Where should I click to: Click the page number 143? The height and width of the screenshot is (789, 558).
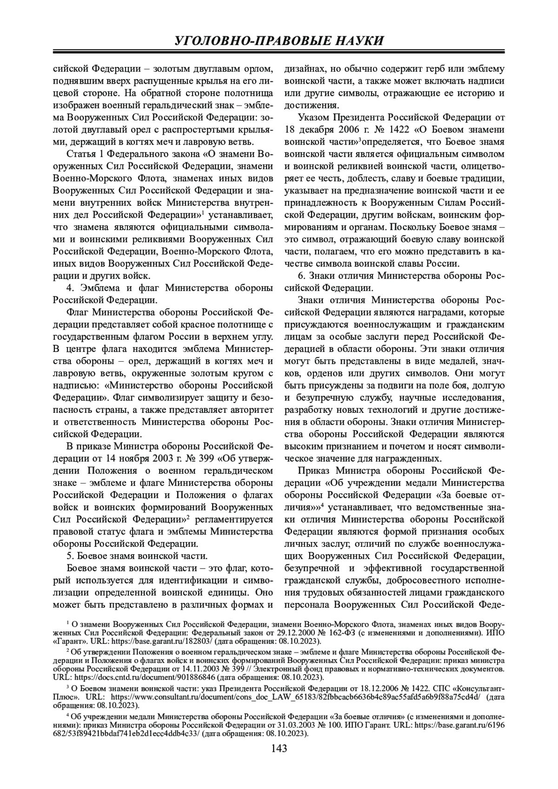[279, 748]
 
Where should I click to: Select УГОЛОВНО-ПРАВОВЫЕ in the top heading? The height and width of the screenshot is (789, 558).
[246, 40]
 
